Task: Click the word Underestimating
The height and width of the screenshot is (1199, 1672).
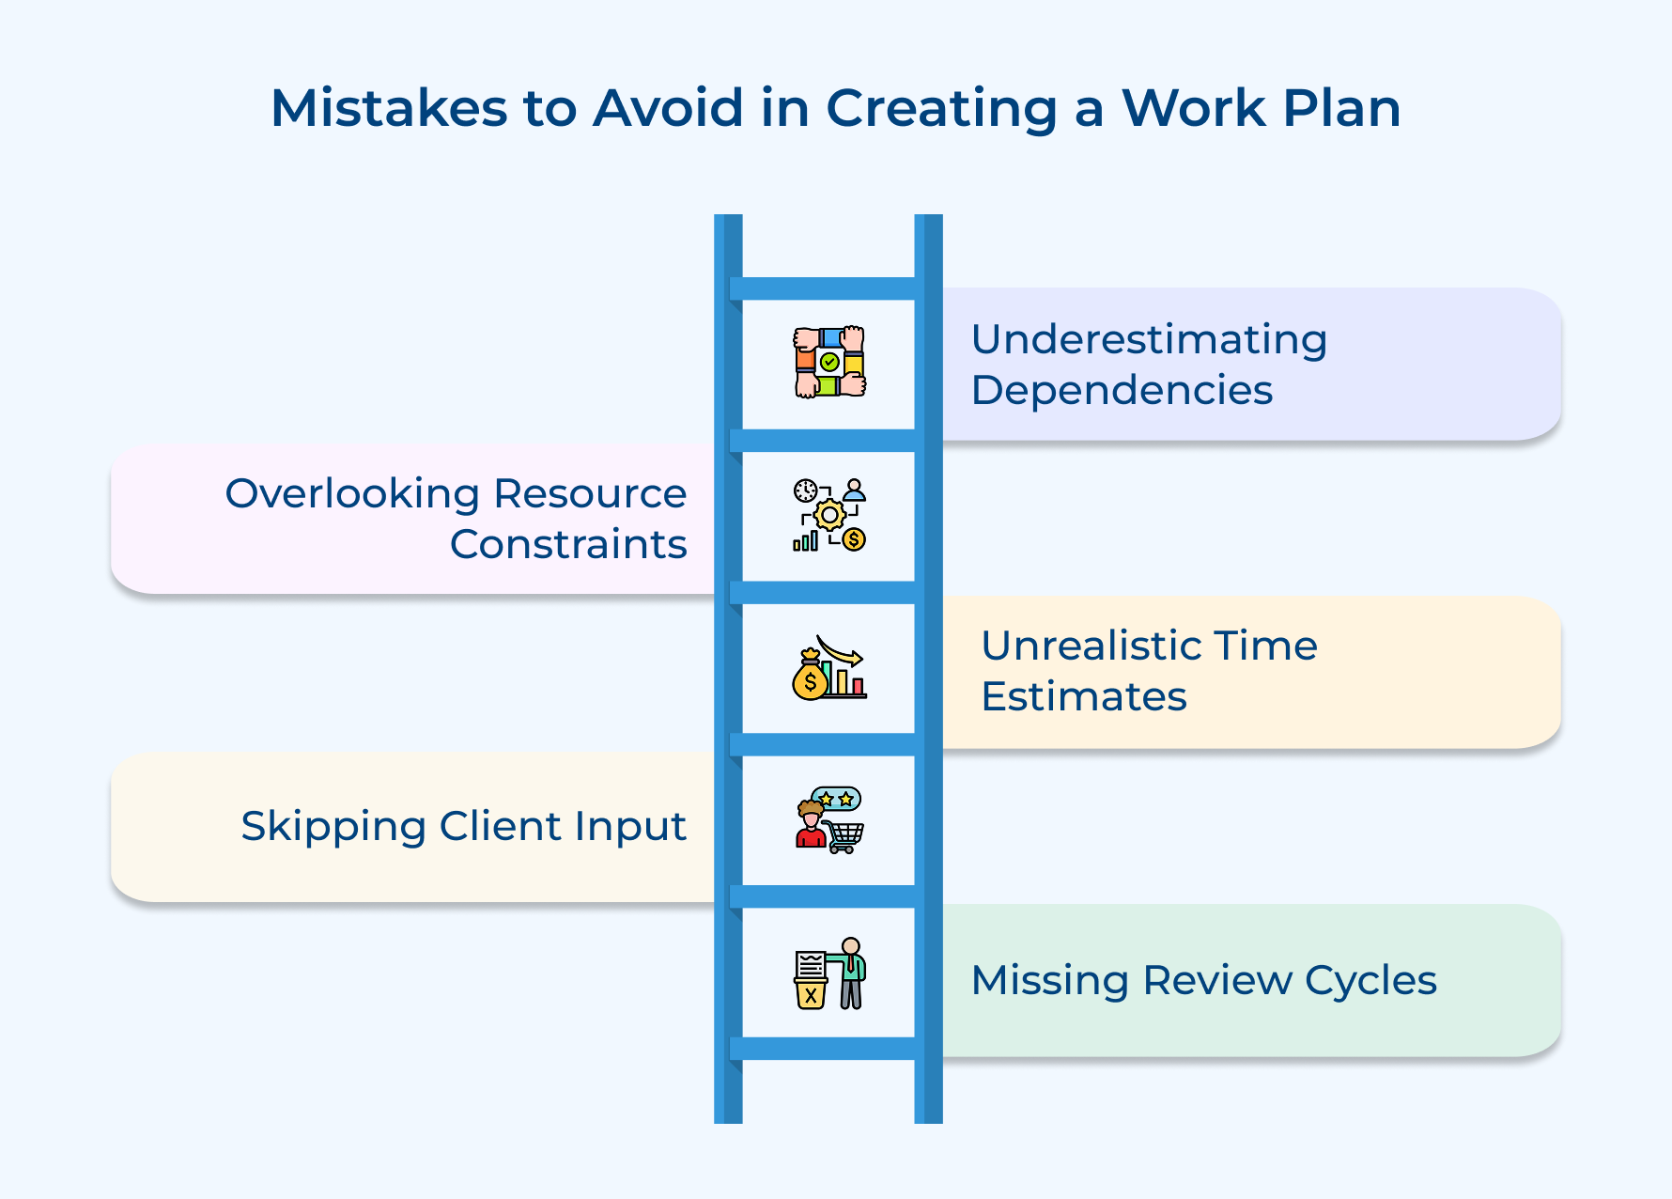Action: point(1149,339)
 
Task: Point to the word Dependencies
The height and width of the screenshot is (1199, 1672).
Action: point(1122,390)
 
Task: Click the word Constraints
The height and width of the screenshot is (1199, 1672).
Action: point(568,544)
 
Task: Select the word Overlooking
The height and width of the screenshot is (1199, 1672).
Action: point(352,493)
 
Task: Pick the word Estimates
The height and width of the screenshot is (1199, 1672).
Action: point(1083,696)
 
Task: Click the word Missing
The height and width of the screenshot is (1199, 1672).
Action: point(1049,980)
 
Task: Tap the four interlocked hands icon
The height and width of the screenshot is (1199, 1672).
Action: point(828,363)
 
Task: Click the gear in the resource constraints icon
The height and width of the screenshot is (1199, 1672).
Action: point(829,515)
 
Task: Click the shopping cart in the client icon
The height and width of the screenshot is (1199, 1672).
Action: point(844,835)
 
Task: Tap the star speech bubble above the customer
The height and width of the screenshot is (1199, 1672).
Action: point(836,799)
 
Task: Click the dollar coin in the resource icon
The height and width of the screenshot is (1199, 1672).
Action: point(854,539)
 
